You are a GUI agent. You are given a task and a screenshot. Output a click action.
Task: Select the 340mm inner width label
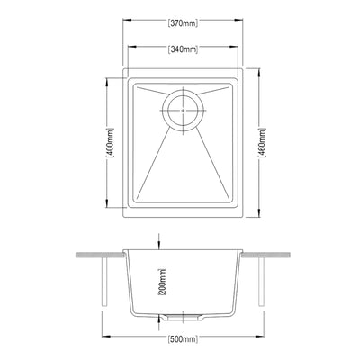click(x=183, y=49)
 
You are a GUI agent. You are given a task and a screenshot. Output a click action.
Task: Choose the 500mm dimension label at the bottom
click(x=183, y=340)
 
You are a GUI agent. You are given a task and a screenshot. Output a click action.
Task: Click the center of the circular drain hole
click(x=184, y=107)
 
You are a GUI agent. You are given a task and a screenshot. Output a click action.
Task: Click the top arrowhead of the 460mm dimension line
click(x=261, y=70)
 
